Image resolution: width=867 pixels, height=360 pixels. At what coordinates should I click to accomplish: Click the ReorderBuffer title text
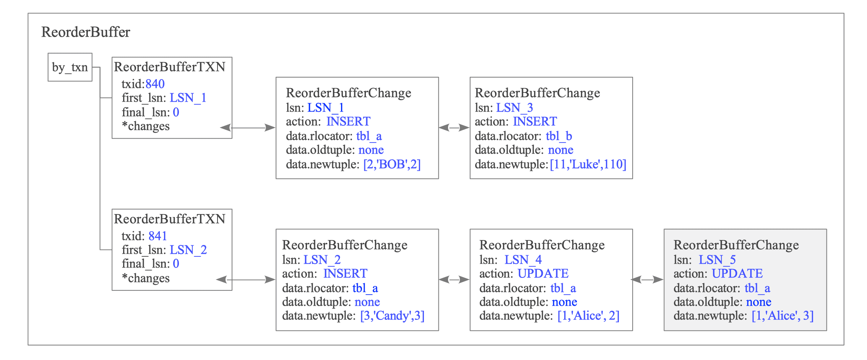tap(86, 32)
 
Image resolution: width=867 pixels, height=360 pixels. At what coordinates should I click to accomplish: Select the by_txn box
tap(70, 67)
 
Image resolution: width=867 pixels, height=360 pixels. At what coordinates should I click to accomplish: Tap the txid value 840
tap(155, 84)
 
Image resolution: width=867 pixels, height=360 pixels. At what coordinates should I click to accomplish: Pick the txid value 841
tap(157, 236)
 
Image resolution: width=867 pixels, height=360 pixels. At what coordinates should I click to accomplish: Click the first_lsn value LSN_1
tap(188, 98)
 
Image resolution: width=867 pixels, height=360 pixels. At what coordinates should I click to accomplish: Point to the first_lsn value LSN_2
tap(188, 250)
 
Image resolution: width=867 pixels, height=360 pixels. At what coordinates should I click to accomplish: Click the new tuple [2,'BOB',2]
tap(392, 164)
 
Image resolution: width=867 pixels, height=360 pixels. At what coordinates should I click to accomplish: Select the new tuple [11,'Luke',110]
tap(588, 164)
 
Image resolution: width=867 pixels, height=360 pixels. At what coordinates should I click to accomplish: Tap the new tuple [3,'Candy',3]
tap(392, 316)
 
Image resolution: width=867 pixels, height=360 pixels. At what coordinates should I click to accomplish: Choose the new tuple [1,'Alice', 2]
tap(588, 316)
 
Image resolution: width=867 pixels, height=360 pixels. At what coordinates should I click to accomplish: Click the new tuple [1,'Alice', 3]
tap(783, 316)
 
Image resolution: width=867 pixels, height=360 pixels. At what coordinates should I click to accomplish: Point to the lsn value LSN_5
tap(717, 260)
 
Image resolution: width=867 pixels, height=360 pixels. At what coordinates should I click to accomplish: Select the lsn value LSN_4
tap(523, 260)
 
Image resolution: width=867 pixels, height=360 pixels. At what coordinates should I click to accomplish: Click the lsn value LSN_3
tap(515, 108)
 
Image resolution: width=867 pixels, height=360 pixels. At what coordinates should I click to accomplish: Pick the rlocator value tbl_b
tap(559, 136)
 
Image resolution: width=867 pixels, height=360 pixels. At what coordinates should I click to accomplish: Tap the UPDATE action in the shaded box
tap(737, 274)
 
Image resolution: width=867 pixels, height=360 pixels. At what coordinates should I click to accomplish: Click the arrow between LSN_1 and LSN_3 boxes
tap(454, 128)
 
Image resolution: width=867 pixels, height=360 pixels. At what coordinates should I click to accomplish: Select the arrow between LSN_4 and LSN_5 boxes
tap(648, 280)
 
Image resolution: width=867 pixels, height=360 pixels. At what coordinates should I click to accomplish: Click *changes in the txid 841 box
tap(146, 279)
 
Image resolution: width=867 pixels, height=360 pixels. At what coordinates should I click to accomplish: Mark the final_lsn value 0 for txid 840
tap(176, 112)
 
